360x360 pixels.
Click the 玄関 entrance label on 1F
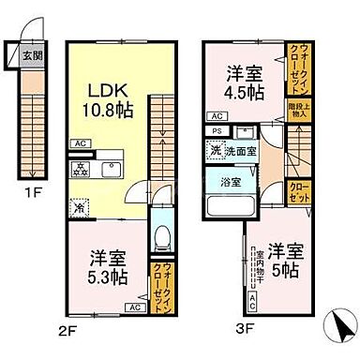coord(32,54)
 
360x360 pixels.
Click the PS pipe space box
coord(217,131)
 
